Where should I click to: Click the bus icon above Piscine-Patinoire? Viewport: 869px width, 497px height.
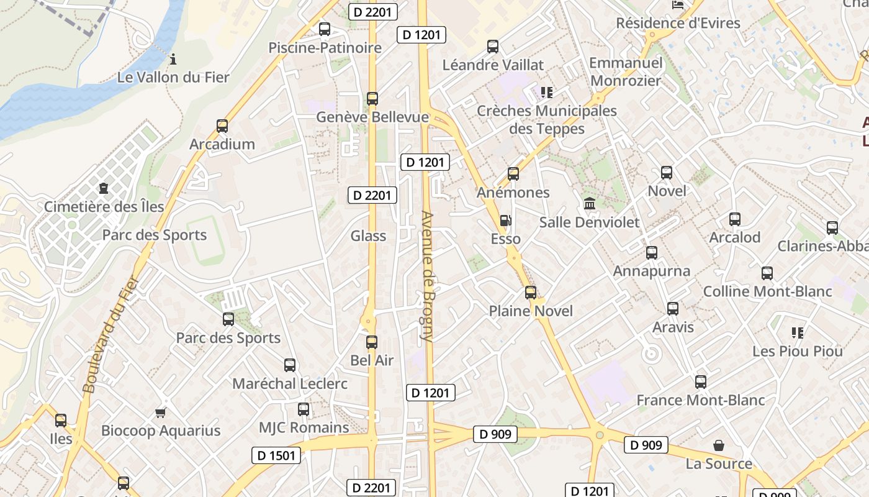tap(324, 29)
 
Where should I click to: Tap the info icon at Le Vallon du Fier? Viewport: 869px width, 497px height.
tap(173, 60)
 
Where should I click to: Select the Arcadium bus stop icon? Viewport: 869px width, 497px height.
tap(222, 125)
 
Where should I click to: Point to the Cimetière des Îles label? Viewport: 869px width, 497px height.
tap(104, 206)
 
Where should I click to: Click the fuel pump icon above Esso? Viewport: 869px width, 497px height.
tap(506, 221)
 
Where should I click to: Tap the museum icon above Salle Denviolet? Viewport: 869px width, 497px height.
tap(589, 203)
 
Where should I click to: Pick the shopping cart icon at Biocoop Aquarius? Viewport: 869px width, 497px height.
tap(161, 412)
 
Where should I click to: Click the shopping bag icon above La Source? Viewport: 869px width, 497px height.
tap(719, 445)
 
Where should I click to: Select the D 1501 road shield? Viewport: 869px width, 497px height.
tap(277, 455)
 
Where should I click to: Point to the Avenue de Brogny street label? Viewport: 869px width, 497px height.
tap(427, 276)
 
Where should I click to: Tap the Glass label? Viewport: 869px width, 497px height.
tap(368, 236)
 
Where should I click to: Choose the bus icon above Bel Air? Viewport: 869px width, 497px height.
tap(372, 342)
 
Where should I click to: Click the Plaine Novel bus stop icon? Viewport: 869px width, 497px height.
tap(531, 292)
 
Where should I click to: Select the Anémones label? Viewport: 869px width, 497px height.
tap(513, 193)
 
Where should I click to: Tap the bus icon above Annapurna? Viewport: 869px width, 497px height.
tap(652, 252)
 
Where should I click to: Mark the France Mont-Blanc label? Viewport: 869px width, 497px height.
tap(701, 400)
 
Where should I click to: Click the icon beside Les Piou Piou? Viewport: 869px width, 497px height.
tap(798, 333)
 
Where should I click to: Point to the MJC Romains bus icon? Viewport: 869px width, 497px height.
tap(304, 409)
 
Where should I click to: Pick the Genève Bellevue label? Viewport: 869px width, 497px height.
tap(372, 117)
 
